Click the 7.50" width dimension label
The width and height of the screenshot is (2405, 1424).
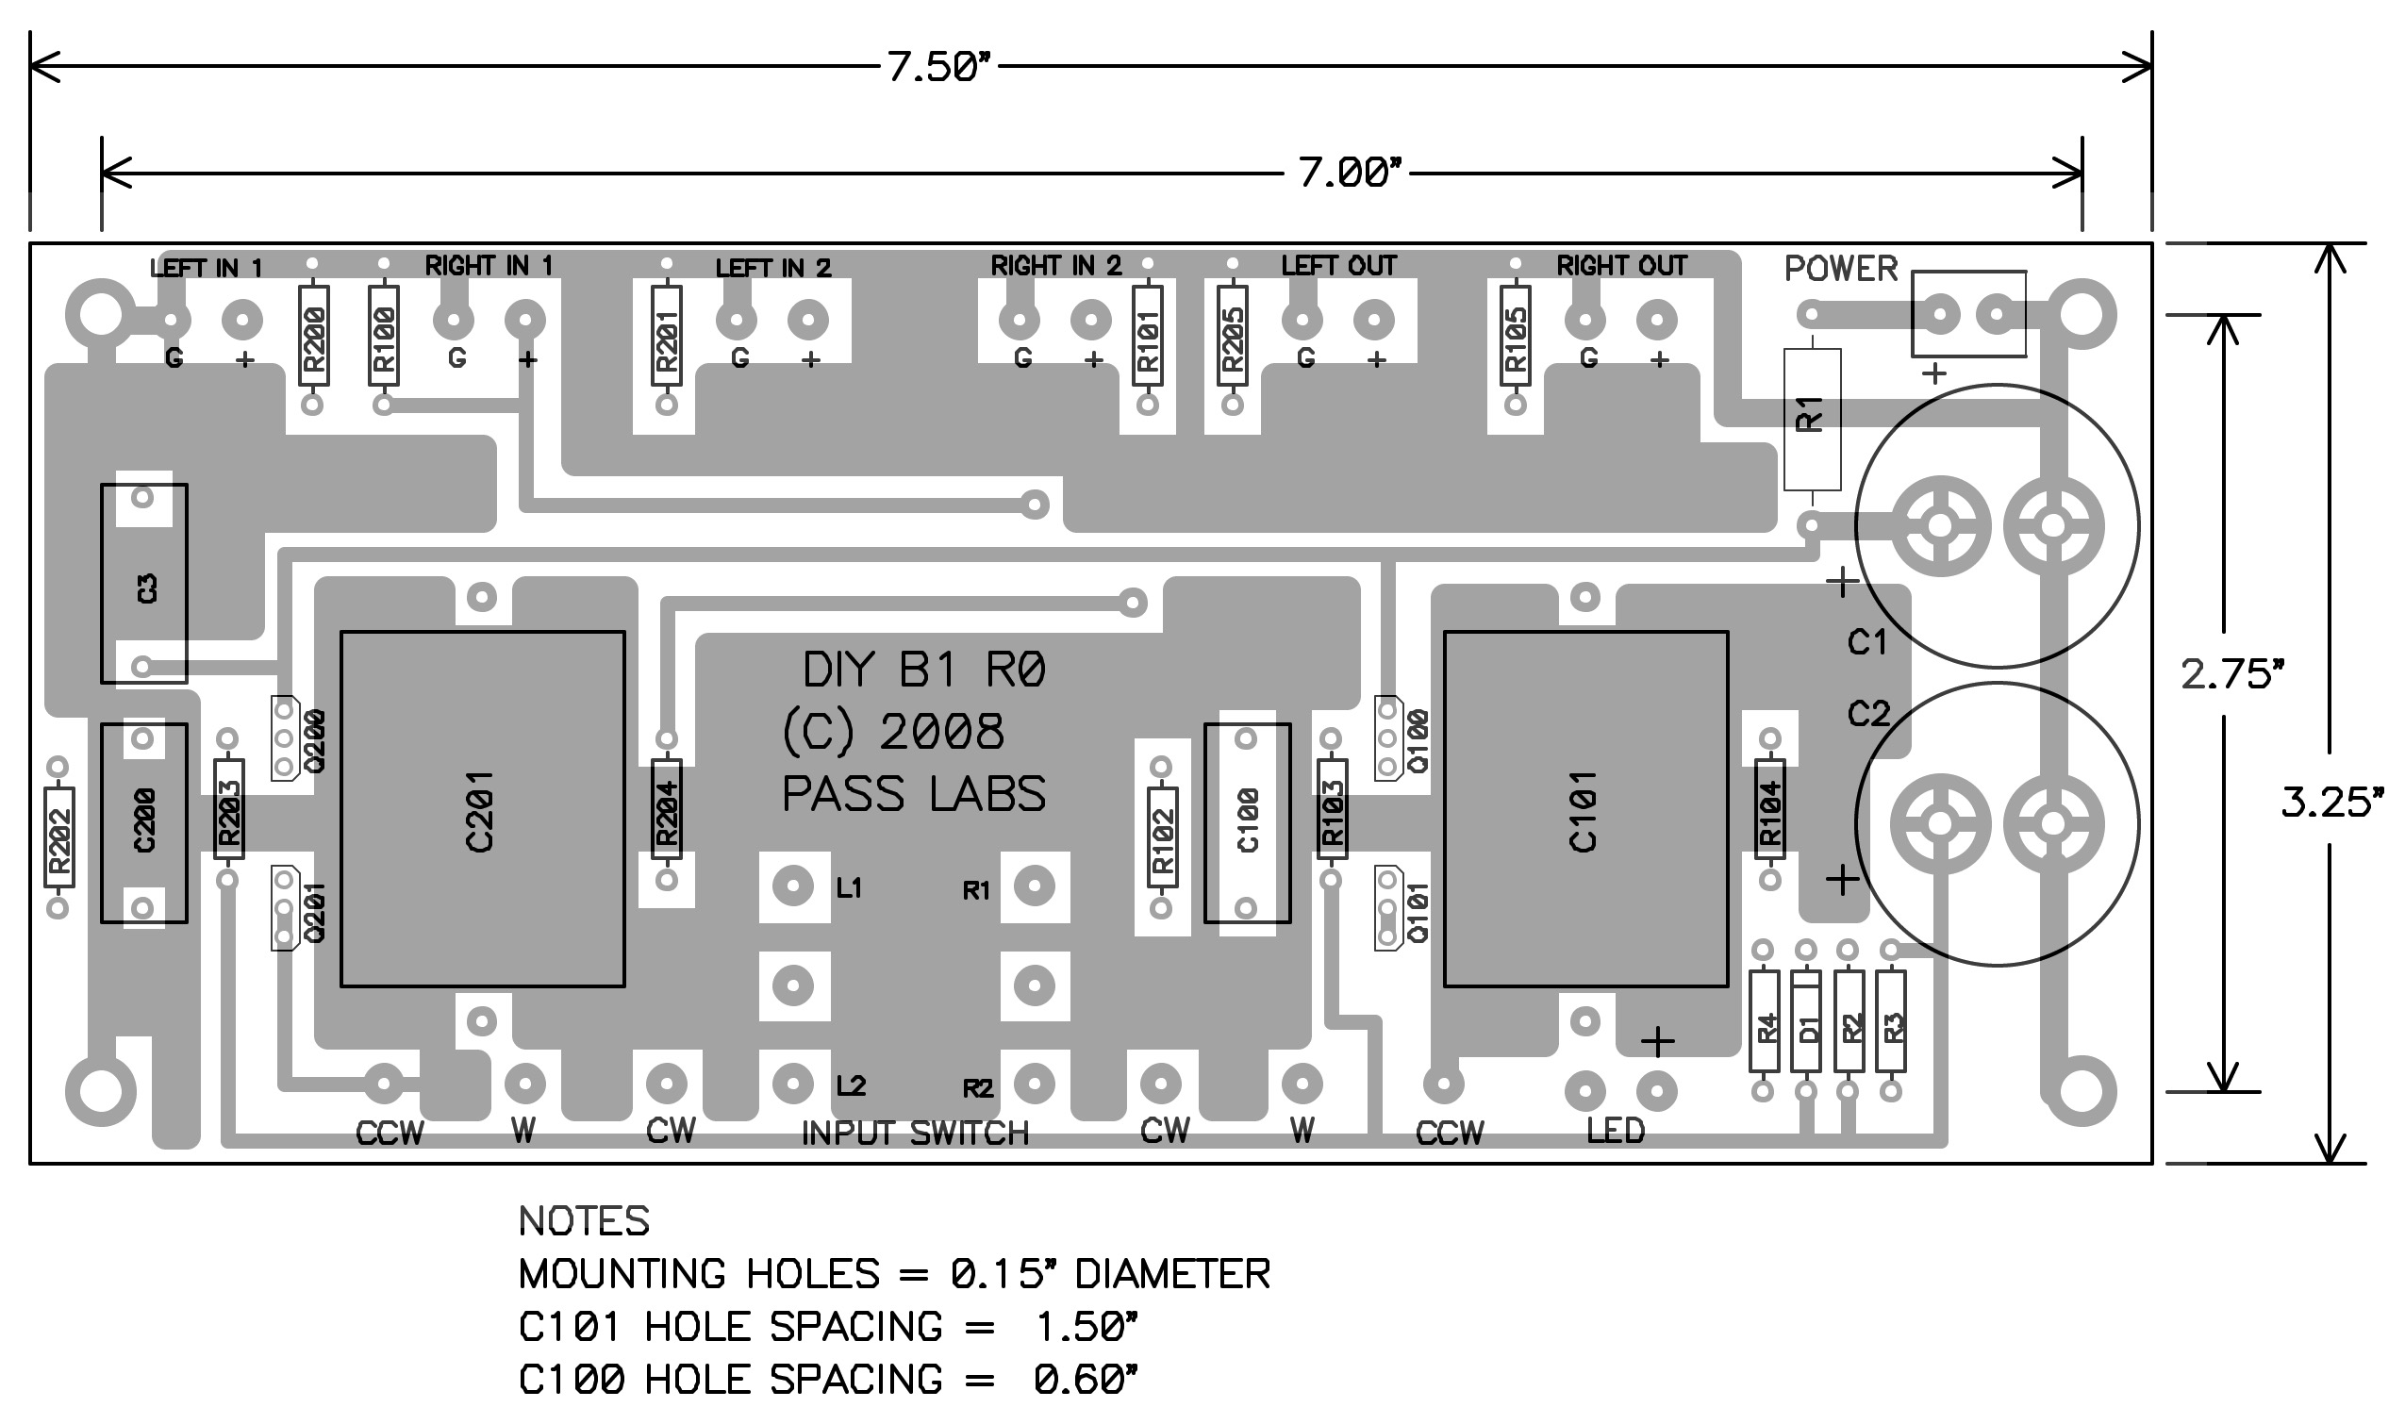point(937,67)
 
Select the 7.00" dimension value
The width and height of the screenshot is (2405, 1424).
point(1349,173)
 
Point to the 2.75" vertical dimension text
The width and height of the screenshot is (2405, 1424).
point(2231,674)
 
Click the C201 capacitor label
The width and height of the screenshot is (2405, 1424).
point(479,811)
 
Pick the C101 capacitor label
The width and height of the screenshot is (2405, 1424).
point(1583,811)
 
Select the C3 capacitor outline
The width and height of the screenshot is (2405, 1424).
point(144,584)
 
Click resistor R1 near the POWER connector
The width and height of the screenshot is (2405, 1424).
point(1812,420)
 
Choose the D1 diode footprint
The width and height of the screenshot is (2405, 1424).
point(1806,1021)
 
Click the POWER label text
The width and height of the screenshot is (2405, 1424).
point(1841,269)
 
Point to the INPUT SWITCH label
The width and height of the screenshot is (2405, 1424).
point(915,1134)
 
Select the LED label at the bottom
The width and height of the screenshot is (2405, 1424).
point(1616,1132)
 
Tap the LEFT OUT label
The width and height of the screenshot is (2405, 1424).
point(1338,265)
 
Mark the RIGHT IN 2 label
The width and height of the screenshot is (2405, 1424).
point(1055,265)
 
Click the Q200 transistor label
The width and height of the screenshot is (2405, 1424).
point(316,741)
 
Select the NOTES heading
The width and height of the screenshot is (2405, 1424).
point(584,1221)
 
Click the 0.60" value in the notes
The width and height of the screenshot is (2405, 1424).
point(1086,1380)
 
